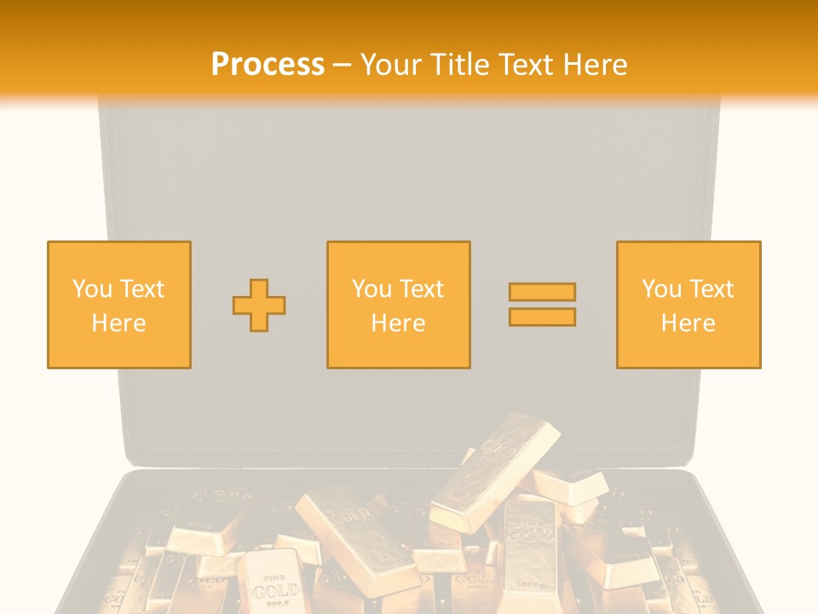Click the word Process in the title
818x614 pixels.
click(268, 65)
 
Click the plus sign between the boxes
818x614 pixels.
click(259, 304)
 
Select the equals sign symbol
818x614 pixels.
click(542, 304)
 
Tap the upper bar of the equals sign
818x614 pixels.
click(542, 292)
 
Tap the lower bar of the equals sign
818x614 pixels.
click(542, 317)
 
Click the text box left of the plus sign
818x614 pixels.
click(118, 304)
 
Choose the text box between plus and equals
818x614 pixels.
click(398, 304)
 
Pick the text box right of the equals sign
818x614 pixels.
click(688, 304)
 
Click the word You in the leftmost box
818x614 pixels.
click(92, 289)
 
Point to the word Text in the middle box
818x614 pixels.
click(420, 289)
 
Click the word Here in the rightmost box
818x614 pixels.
click(688, 323)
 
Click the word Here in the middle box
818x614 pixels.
click(398, 323)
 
